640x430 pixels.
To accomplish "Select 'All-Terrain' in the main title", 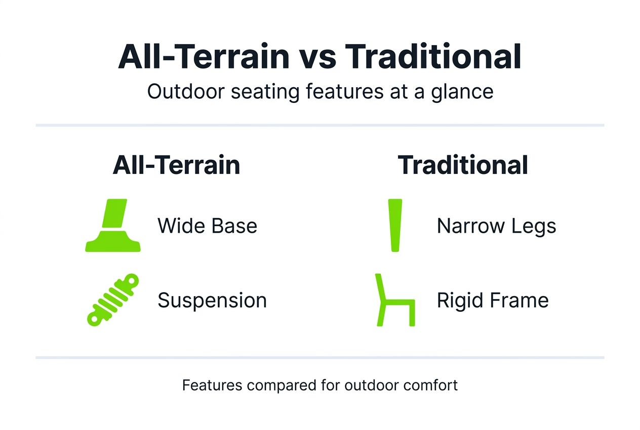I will (x=203, y=57).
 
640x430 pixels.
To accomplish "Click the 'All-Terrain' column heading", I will (x=176, y=165).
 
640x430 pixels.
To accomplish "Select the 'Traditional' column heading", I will (x=463, y=165).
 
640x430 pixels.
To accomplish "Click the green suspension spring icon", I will (x=112, y=300).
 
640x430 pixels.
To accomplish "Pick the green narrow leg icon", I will (x=394, y=225).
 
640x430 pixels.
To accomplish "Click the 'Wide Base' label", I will (x=207, y=226).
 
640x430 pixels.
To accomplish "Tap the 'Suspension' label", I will (x=212, y=301).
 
